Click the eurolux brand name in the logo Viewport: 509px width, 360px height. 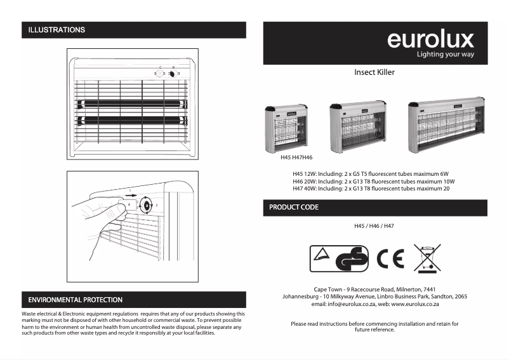click(x=430, y=39)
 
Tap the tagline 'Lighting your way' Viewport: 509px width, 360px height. click(x=445, y=55)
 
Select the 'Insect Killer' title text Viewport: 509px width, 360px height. click(x=374, y=72)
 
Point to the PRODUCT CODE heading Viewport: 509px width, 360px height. click(x=294, y=208)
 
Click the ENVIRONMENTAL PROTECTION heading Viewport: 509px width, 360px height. click(x=76, y=300)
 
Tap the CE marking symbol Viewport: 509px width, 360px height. click(x=390, y=258)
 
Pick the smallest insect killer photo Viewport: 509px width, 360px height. click(x=286, y=128)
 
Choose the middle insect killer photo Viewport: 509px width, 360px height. click(x=357, y=126)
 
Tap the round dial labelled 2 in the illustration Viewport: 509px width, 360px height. click(x=147, y=205)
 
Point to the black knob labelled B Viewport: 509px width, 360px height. click(x=172, y=74)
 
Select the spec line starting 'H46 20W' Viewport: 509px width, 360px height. click(x=374, y=181)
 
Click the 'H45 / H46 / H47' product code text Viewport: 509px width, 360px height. click(x=374, y=226)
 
